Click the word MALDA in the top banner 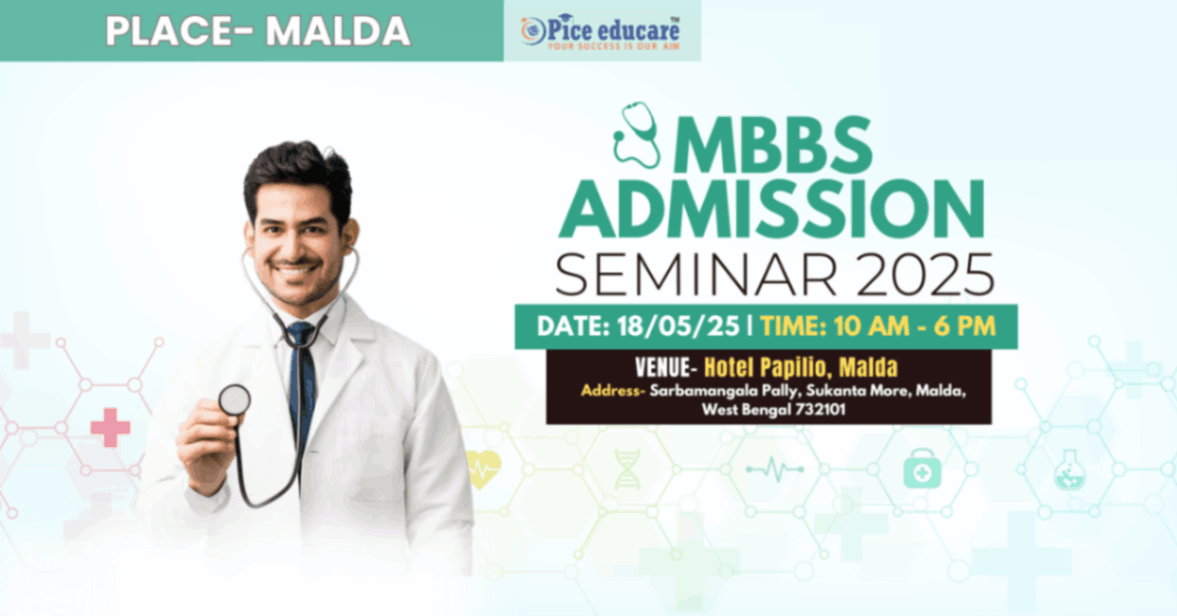(x=338, y=31)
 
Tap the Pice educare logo (x=600, y=32)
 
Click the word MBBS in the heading (x=772, y=145)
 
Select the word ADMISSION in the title (x=771, y=209)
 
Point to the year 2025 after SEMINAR (x=925, y=275)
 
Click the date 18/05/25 (x=678, y=326)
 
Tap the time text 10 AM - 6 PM (x=914, y=326)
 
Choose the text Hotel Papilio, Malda (x=801, y=367)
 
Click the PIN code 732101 (x=820, y=409)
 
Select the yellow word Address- (x=613, y=391)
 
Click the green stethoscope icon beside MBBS (x=637, y=135)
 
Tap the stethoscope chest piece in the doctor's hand (x=234, y=400)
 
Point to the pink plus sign (x=110, y=428)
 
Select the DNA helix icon (x=628, y=470)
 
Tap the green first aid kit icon (x=922, y=469)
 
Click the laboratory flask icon (x=1070, y=470)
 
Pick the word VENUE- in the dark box (x=666, y=367)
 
